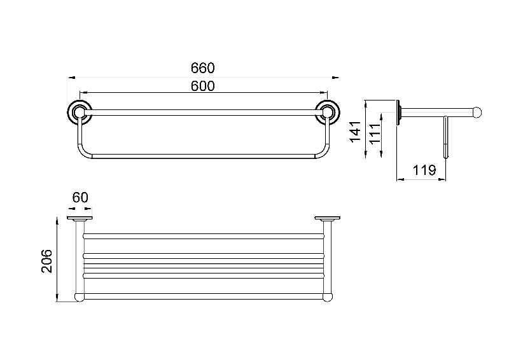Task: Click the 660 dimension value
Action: (x=202, y=68)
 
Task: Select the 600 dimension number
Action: (x=202, y=86)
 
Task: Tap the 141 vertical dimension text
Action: (x=356, y=131)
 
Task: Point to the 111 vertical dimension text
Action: (x=375, y=133)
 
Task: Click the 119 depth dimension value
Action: (x=424, y=170)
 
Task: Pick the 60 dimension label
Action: (x=80, y=197)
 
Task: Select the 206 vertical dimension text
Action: (x=47, y=261)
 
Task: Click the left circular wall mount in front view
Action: (x=80, y=113)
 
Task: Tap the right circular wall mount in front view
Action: (x=328, y=113)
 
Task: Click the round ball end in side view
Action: (x=477, y=113)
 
